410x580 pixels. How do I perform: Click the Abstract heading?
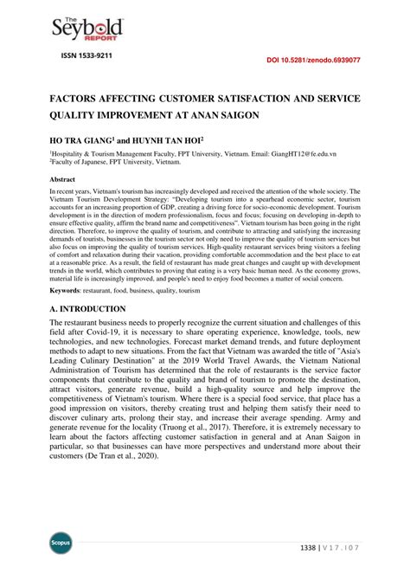pyautogui.click(x=65, y=178)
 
